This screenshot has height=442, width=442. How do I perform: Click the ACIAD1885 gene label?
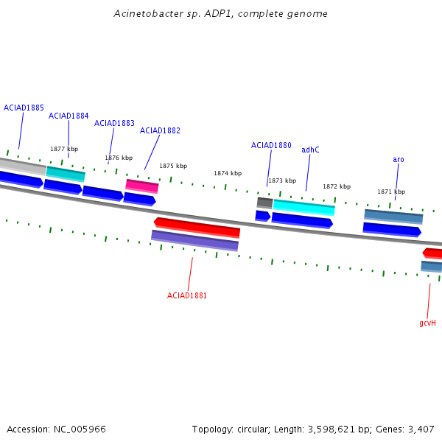(x=24, y=108)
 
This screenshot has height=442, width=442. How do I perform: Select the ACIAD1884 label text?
(x=69, y=116)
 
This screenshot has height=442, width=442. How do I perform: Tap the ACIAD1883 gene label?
(x=114, y=123)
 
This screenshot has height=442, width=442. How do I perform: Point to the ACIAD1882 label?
(x=160, y=130)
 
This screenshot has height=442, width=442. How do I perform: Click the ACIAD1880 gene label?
(x=271, y=145)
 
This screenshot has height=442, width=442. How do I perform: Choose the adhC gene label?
(x=310, y=150)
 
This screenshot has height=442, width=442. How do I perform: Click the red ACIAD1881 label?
(x=187, y=295)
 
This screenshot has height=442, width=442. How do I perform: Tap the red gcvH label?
(x=427, y=323)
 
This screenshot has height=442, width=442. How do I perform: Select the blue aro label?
(x=399, y=160)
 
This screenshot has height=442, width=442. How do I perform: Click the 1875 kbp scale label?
(x=173, y=166)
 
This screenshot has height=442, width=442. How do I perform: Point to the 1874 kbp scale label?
(x=228, y=173)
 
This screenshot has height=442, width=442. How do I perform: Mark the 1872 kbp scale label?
(x=337, y=186)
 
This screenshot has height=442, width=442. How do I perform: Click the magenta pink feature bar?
(x=142, y=186)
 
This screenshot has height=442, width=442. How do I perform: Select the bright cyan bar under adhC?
(x=304, y=208)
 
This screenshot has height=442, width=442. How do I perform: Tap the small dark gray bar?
(x=264, y=203)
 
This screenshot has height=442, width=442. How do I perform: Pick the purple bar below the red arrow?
(x=194, y=240)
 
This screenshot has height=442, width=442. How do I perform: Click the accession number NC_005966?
(x=80, y=429)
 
